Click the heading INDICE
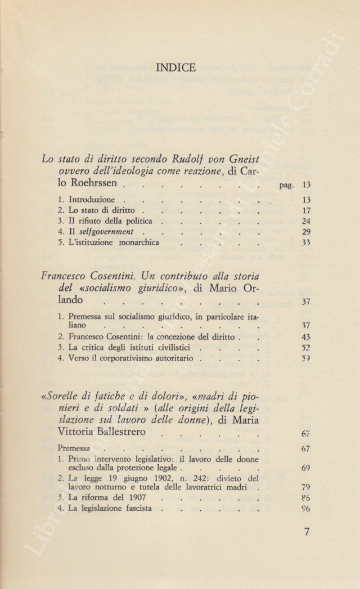tap(178, 68)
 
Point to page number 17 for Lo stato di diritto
tap(307, 212)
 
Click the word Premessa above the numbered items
tap(74, 449)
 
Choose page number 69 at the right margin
tap(307, 467)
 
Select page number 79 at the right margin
tap(307, 487)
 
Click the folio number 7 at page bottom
tap(307, 531)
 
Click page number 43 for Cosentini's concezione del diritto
tap(307, 337)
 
